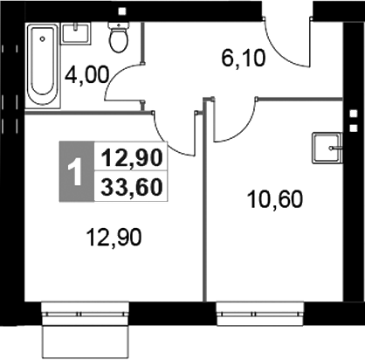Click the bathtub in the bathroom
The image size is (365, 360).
tap(40, 66)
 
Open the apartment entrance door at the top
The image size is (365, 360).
tap(288, 39)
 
